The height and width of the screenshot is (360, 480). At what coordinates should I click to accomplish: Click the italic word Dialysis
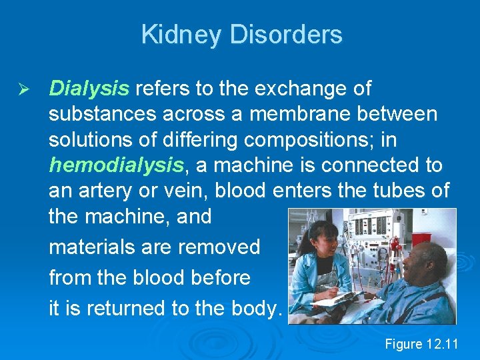point(89,89)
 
